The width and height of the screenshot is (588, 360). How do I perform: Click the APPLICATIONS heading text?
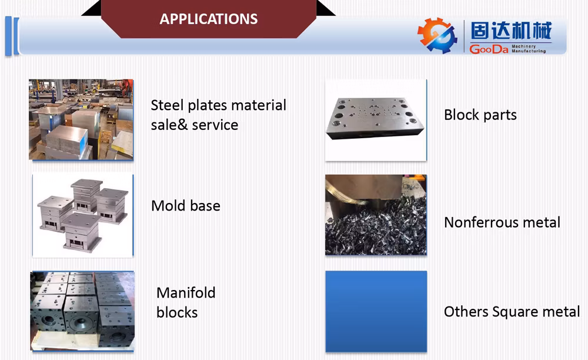[x=209, y=19]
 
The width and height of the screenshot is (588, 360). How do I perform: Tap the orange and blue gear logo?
[x=437, y=36]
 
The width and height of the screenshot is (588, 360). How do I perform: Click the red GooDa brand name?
[x=489, y=49]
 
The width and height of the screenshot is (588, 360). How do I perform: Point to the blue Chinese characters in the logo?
[x=511, y=31]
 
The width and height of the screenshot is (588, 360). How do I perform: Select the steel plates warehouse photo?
[x=81, y=119]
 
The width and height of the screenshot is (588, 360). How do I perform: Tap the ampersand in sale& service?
[x=183, y=125]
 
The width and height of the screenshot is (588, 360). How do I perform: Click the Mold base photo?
[x=83, y=216]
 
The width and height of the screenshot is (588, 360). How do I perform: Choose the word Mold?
[x=168, y=205]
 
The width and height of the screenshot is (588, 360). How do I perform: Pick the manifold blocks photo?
[x=82, y=311]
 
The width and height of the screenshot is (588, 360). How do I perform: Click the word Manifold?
[x=186, y=292]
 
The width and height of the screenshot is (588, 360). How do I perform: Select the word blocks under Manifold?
[x=177, y=312]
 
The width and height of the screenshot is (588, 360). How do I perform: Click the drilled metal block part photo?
[x=376, y=120]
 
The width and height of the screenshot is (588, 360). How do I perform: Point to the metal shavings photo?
[x=376, y=215]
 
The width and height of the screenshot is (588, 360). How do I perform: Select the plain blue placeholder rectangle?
[x=376, y=311]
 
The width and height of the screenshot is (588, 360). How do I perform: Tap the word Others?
[x=466, y=312]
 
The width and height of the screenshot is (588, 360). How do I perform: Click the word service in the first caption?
[x=215, y=125]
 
